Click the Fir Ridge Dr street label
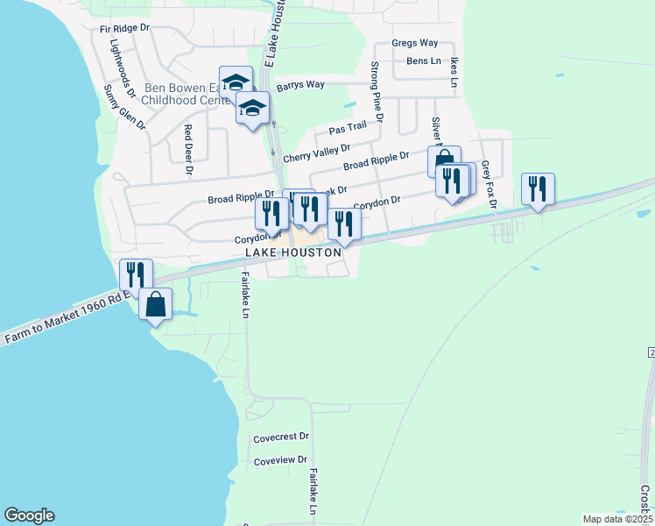point(120,29)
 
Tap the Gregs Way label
point(414,43)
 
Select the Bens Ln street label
point(424,60)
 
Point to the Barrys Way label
point(300,85)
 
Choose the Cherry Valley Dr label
point(316,153)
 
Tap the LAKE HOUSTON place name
point(279,252)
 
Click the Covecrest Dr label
point(281,436)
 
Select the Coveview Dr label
point(280,459)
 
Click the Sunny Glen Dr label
point(123,106)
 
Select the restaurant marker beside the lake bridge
point(136,274)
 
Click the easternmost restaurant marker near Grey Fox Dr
point(537,188)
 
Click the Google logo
point(29,515)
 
